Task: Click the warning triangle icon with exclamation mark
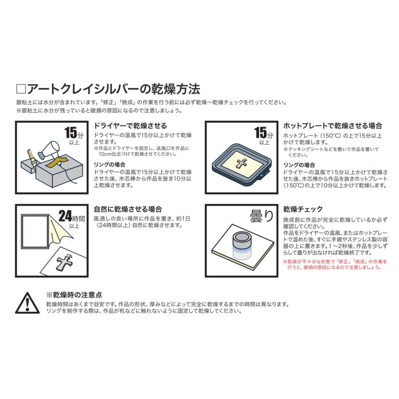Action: (x=27, y=304)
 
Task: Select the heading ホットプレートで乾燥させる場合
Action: (x=332, y=126)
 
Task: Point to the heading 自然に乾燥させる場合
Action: (x=128, y=209)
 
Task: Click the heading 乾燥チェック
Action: (x=303, y=209)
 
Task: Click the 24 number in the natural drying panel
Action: (x=65, y=216)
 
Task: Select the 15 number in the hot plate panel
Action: (x=260, y=132)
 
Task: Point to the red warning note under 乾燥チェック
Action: (x=335, y=265)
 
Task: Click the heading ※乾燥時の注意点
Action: (x=74, y=294)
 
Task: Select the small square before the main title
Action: (x=21, y=89)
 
